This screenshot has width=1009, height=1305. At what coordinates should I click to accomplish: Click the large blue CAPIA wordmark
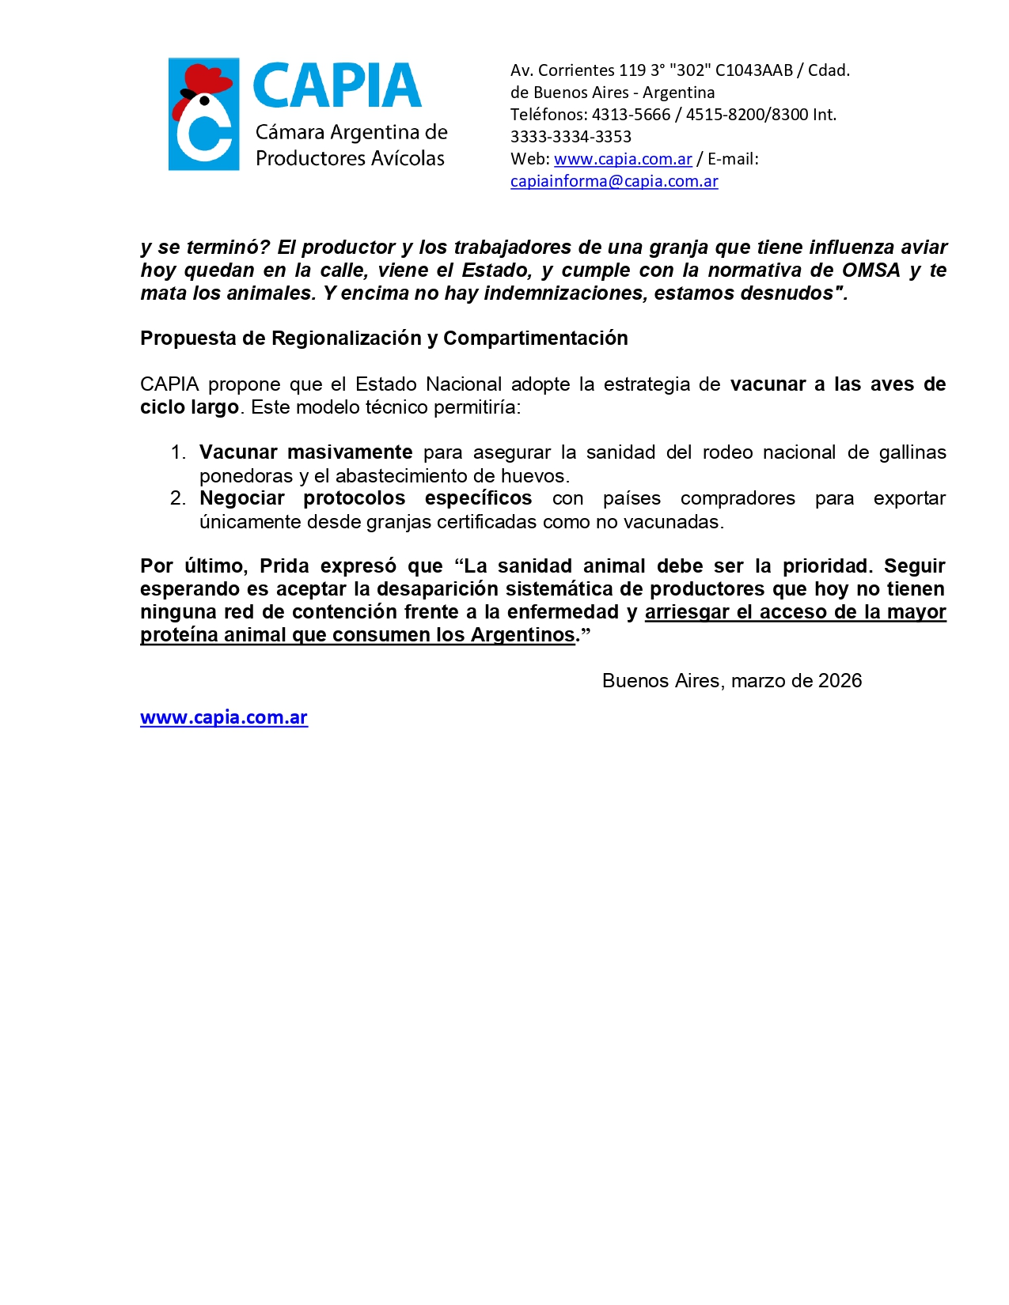tap(337, 86)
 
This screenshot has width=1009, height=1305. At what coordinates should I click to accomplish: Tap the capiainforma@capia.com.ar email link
tap(614, 181)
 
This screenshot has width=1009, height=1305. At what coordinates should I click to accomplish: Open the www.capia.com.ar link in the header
tap(623, 159)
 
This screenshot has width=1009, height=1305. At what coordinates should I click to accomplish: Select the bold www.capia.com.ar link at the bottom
tap(224, 717)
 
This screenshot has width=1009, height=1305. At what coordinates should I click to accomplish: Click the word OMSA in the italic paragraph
tap(871, 270)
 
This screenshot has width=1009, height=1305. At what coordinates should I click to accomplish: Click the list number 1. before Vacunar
tap(178, 452)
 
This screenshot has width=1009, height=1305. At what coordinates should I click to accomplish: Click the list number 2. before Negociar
tap(178, 498)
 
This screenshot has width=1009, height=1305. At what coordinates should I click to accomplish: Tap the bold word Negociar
tap(242, 498)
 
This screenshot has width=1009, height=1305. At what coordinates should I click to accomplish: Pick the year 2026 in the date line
tap(840, 681)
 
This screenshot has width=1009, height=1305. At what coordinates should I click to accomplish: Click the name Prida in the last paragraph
tap(284, 566)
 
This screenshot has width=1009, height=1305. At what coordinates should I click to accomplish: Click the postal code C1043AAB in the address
tap(753, 70)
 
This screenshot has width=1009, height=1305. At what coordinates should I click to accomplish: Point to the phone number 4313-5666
tap(631, 115)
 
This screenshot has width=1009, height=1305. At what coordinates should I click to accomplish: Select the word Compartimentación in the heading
tap(536, 339)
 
